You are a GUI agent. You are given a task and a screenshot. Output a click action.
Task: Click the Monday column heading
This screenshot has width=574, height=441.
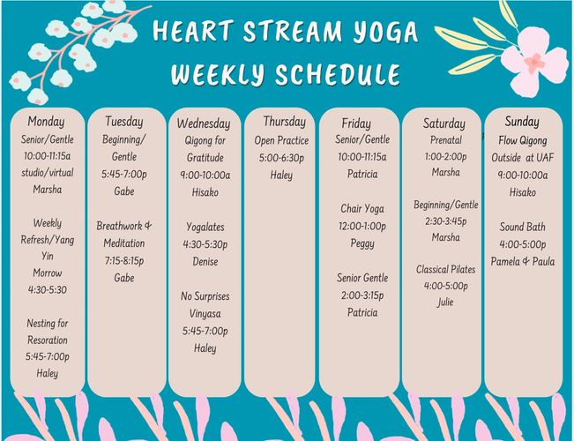[46, 122]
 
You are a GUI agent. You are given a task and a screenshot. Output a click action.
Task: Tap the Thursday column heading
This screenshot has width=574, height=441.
[285, 121]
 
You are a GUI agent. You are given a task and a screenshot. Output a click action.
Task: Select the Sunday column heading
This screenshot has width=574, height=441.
[522, 121]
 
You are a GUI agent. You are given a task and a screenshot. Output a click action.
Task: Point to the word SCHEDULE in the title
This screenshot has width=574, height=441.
[338, 74]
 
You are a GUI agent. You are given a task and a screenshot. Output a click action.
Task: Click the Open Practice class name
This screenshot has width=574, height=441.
[281, 140]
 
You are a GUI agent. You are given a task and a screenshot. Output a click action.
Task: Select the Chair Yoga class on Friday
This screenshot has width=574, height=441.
[362, 209]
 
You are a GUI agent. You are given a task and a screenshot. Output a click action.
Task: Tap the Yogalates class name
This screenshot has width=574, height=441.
[205, 227]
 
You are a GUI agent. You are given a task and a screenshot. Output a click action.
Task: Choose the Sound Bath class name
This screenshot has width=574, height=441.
[522, 227]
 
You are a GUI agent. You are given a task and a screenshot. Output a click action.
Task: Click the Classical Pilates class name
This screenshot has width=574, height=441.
[445, 270]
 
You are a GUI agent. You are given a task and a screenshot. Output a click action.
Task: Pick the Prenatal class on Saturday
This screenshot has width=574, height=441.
[446, 140]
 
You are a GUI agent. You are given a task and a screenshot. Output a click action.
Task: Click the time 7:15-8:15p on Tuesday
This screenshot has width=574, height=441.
[124, 261]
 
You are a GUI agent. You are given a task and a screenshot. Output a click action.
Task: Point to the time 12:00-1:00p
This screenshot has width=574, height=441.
[362, 227]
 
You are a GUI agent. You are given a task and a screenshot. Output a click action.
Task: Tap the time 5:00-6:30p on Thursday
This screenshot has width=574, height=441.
[281, 158]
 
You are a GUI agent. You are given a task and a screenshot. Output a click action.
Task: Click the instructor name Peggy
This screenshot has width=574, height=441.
[362, 243]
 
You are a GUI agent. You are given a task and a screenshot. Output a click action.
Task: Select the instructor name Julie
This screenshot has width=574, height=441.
[445, 302]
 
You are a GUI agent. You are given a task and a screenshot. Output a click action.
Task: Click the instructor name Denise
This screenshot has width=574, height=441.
[205, 262]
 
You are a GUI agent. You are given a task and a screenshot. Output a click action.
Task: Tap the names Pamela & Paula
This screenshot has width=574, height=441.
[522, 262]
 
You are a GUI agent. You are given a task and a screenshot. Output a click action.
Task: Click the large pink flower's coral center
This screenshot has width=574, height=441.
[535, 63]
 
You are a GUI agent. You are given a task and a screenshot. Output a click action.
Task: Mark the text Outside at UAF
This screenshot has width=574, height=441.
[522, 158]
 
